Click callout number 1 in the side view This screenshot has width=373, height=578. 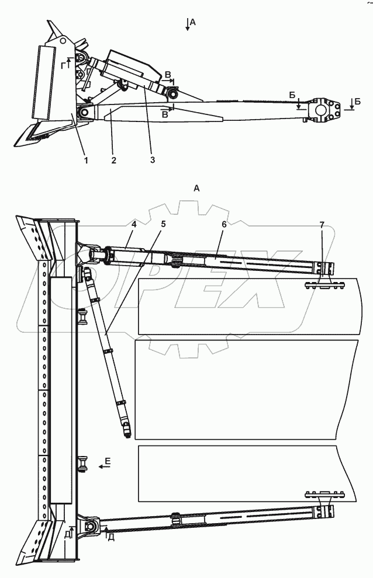tap(86, 161)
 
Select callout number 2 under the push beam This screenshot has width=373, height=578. tap(113, 161)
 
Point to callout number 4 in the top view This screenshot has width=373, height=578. tap(134, 224)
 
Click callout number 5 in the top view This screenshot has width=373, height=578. tap(163, 224)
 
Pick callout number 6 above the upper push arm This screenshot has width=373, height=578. tap(224, 224)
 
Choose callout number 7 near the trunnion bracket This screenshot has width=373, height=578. tap(322, 224)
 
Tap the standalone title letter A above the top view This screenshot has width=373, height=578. tap(196, 189)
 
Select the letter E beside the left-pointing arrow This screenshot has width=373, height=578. tap(107, 461)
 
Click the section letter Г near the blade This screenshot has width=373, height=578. tap(64, 65)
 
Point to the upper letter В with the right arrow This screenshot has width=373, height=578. tap(168, 75)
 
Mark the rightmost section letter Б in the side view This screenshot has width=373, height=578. tap(357, 102)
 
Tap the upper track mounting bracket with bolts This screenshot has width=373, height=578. tap(324, 284)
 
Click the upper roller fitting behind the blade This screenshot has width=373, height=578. tap(82, 318)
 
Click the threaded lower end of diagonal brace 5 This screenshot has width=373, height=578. tap(127, 430)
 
